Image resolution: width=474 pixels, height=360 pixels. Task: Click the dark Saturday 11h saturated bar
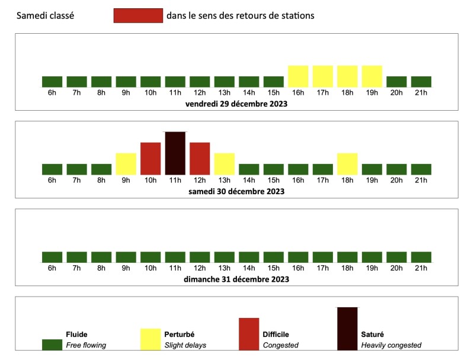175,153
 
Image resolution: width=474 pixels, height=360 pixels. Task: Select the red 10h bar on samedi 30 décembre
150,159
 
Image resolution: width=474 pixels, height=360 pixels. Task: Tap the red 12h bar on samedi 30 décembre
200,159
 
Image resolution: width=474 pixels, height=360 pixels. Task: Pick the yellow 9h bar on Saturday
126,164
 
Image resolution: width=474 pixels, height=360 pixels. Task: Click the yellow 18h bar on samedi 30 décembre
347,164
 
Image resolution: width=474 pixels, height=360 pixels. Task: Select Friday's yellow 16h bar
298,76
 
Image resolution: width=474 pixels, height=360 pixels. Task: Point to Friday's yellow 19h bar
371,76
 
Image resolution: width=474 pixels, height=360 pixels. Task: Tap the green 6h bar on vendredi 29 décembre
52,82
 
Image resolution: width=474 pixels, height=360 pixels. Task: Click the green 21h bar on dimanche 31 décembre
421,257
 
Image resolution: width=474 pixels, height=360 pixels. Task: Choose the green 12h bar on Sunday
200,257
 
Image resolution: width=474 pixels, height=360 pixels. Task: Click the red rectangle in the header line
138,16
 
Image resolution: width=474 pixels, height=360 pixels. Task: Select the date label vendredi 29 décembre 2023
236,104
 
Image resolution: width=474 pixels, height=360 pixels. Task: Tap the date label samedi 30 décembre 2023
236,191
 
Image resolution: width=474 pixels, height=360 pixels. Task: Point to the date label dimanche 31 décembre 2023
236,279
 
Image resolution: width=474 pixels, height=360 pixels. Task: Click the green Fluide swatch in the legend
52,345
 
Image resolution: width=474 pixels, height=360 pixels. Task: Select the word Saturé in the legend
373,334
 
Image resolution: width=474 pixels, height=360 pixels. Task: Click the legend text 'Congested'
280,345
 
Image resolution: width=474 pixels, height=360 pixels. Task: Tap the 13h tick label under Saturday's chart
224,181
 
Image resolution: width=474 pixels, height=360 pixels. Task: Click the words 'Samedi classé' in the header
46,16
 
